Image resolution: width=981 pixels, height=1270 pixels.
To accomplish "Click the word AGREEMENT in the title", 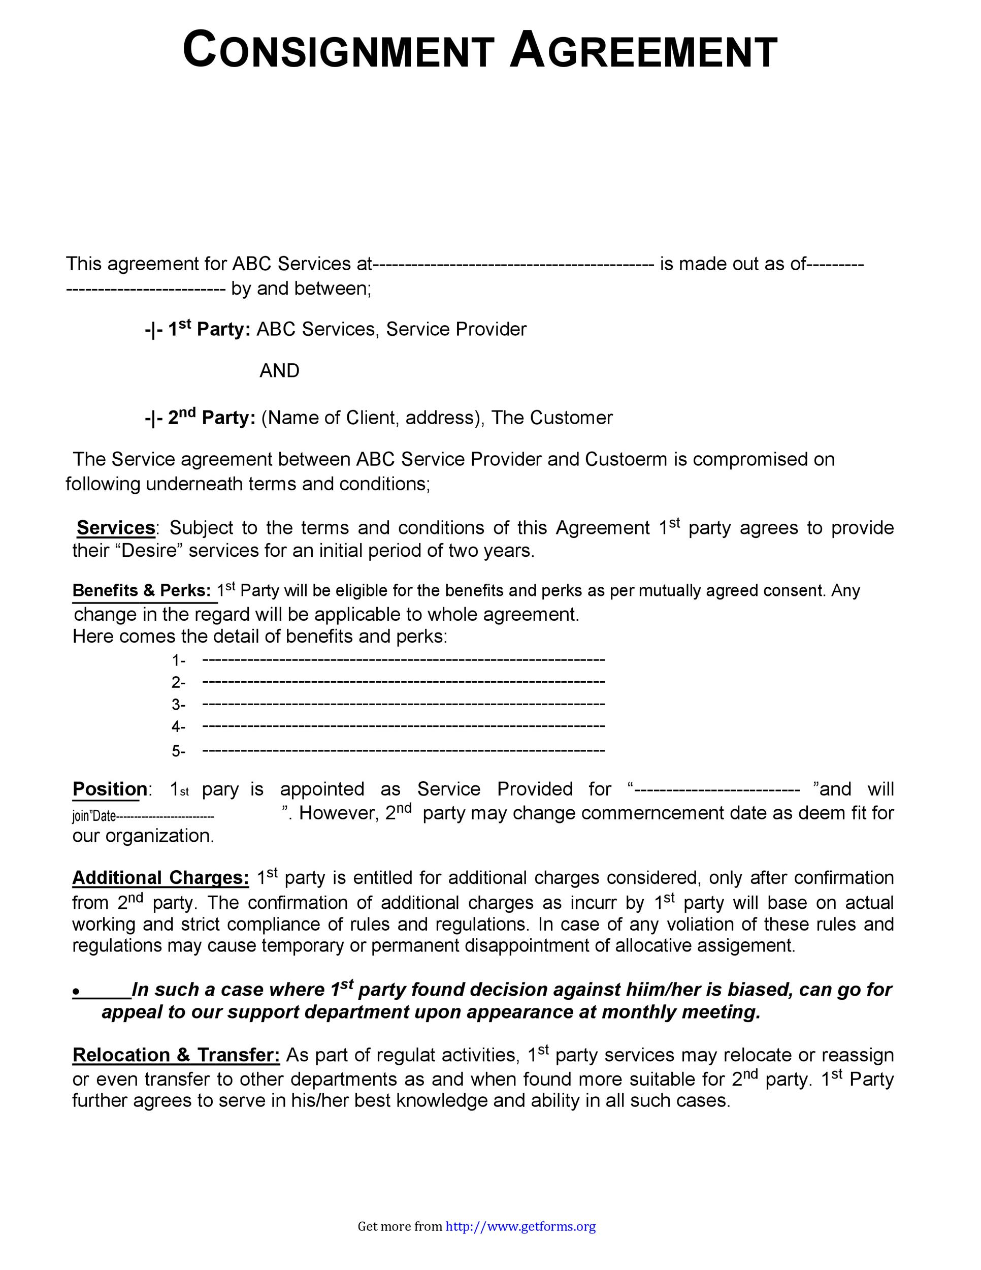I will point(643,51).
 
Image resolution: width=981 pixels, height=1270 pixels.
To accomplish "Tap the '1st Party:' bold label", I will point(209,329).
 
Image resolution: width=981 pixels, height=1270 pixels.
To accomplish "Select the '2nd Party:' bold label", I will point(212,418).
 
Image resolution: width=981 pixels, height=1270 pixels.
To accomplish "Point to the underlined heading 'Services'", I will point(116,527).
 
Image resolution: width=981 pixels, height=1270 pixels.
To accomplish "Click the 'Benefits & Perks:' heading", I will point(141,591).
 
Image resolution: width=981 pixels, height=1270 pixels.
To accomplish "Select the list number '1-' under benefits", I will point(178,660).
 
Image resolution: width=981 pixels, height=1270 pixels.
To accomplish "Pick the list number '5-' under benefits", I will point(178,751).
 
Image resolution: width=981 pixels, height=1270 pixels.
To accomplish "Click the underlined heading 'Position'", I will point(110,789).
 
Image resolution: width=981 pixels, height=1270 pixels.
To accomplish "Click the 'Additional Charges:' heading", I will point(160,877).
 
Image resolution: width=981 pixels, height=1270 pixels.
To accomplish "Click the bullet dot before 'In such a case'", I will point(76,992).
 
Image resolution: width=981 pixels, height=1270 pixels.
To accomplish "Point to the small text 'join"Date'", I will point(94,816).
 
